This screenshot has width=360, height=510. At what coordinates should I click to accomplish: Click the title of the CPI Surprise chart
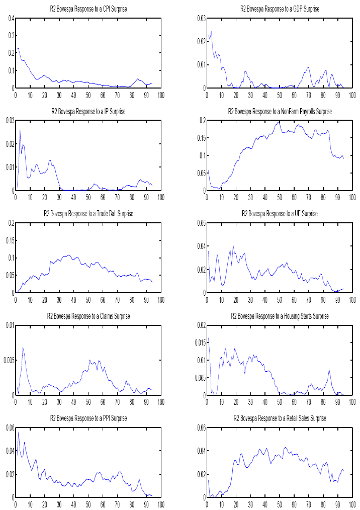[x=88, y=9]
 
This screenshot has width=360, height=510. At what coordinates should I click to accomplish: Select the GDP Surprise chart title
[x=280, y=9]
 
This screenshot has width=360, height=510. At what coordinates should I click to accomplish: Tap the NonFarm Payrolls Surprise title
[x=280, y=111]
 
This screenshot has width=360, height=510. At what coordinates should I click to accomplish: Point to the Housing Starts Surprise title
[x=280, y=316]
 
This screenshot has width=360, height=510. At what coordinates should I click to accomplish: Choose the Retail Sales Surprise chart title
[x=280, y=418]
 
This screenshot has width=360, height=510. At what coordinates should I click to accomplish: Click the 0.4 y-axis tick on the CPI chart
[x=11, y=19]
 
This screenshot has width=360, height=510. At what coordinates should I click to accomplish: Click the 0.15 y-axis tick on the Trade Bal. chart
[x=9, y=240]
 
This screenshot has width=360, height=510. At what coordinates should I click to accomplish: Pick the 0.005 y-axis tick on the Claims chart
[x=8, y=361]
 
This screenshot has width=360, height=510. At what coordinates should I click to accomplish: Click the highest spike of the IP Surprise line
[x=20, y=130]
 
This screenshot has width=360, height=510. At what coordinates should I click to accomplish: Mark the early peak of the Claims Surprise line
[x=23, y=348]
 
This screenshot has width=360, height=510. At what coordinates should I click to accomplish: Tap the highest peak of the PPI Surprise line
[x=19, y=432]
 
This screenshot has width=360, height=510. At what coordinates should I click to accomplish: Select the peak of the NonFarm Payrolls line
[x=279, y=122]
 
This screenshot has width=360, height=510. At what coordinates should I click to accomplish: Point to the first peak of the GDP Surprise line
[x=211, y=31]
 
